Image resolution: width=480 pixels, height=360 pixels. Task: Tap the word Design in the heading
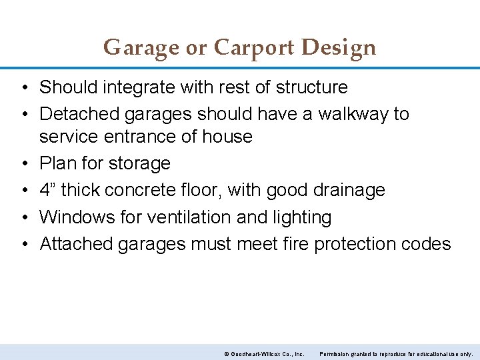pos(339,48)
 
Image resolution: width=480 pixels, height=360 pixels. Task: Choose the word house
pos(229,137)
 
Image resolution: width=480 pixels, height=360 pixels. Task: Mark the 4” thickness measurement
pos(48,190)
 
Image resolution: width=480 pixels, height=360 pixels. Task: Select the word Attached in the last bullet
pos(76,244)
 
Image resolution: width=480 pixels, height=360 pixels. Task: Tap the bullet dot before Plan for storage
pos(23,163)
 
